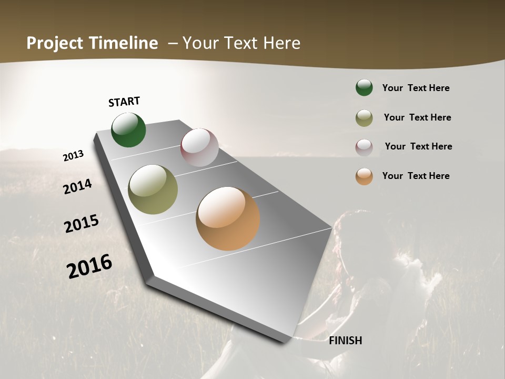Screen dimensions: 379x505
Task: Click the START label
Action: (x=124, y=102)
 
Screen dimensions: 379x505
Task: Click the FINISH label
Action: (x=346, y=341)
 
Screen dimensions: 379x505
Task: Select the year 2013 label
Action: (x=74, y=156)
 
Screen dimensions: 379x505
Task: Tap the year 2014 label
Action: (x=78, y=187)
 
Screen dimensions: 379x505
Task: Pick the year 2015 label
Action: (x=82, y=224)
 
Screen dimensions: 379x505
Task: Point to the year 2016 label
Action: (x=89, y=266)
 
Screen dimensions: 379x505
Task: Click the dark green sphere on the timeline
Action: (x=128, y=130)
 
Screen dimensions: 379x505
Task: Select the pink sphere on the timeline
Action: (x=199, y=147)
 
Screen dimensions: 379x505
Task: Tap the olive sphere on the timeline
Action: (x=153, y=189)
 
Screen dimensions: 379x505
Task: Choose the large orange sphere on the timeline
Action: (x=228, y=218)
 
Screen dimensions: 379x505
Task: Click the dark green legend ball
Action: (x=364, y=88)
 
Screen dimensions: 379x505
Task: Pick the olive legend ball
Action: (x=364, y=118)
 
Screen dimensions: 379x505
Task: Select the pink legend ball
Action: (x=364, y=147)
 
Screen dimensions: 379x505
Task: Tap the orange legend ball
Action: (x=364, y=176)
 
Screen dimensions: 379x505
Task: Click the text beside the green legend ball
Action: (x=416, y=88)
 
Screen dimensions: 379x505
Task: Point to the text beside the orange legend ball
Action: (x=416, y=176)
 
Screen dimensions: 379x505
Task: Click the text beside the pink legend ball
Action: (x=418, y=146)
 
